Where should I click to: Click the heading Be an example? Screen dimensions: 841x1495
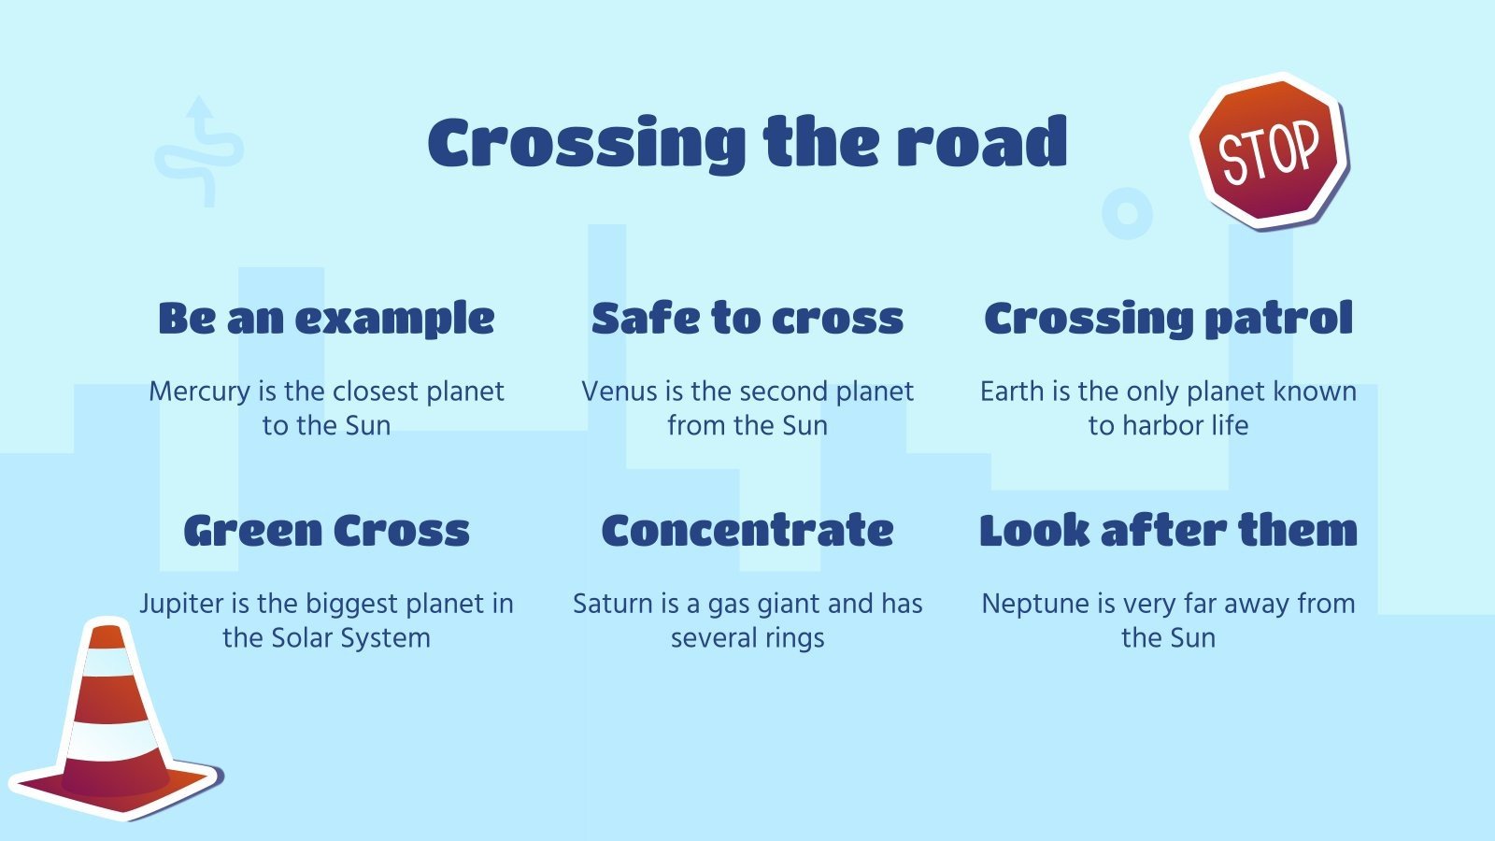click(326, 319)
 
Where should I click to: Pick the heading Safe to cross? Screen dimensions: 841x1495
click(747, 319)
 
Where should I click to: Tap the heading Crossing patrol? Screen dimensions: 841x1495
click(1168, 319)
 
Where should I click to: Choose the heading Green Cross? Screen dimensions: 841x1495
click(326, 531)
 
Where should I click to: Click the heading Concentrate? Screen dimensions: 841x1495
click(747, 531)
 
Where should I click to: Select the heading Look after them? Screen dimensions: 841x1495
click(1168, 531)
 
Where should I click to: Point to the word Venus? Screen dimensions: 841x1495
click(619, 392)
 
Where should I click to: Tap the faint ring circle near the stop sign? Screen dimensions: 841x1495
click(1127, 213)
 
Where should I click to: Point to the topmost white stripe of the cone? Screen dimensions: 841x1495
click(109, 662)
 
